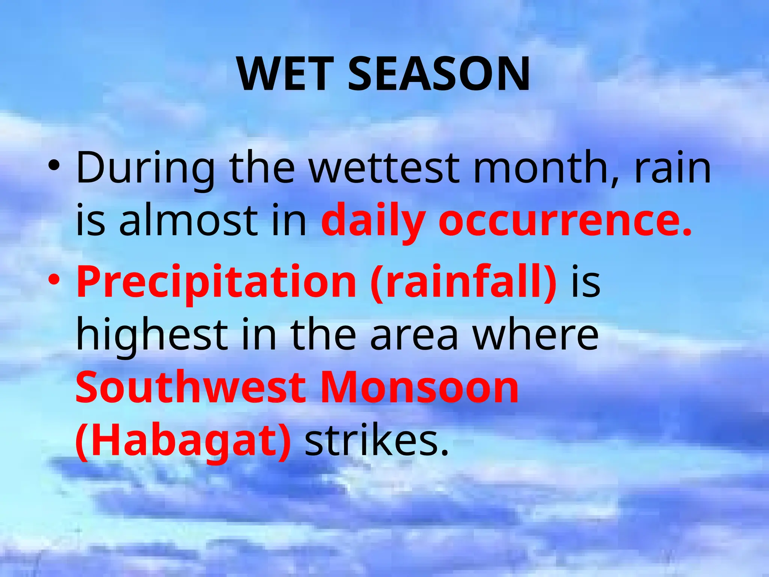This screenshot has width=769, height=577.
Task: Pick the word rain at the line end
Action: (672, 167)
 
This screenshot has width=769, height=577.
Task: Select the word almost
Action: (188, 220)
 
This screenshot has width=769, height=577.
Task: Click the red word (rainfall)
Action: (463, 282)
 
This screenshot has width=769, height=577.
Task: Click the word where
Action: (535, 334)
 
